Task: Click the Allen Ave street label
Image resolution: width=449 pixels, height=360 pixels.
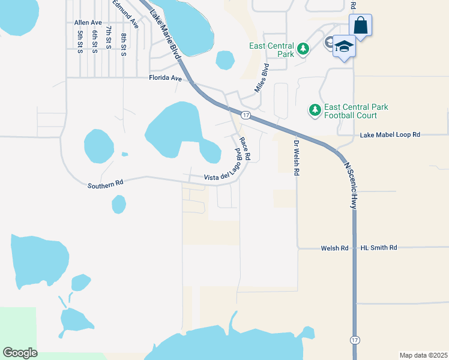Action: click(x=88, y=22)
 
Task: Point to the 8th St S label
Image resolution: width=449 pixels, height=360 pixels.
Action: click(x=123, y=44)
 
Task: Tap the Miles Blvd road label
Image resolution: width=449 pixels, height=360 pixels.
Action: click(x=260, y=78)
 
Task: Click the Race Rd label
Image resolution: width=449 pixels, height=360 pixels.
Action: click(x=245, y=149)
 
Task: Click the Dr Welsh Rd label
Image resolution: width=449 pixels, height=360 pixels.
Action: click(x=296, y=157)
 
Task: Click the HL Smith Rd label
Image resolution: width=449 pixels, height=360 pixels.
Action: click(x=379, y=247)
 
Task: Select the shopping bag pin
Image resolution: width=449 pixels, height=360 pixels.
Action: click(x=360, y=26)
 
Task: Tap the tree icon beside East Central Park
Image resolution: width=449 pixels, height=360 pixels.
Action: click(x=303, y=49)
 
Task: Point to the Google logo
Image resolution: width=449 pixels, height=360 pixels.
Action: click(x=20, y=353)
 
